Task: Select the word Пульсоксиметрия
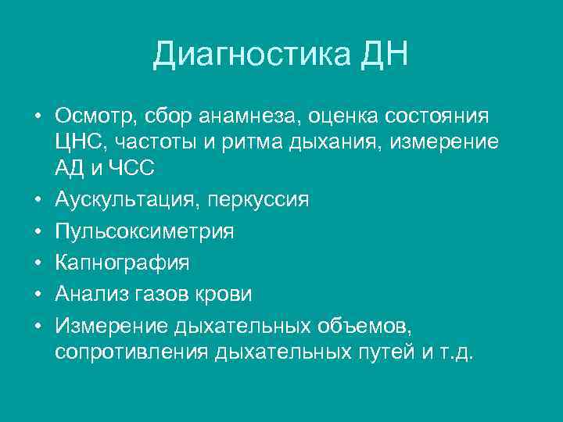(144, 232)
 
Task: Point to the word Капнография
(122, 263)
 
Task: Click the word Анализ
(89, 294)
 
